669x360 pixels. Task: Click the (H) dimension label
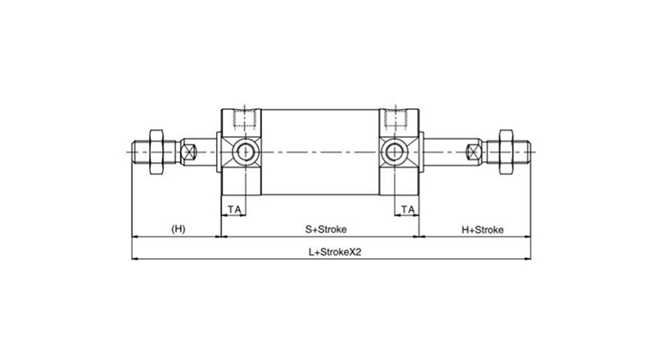pos(178,229)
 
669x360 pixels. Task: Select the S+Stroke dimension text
pos(326,229)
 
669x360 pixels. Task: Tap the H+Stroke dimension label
pos(483,230)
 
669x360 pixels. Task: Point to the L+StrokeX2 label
pos(334,252)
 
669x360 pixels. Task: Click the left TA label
pos(234,209)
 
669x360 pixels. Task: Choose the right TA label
pos(408,209)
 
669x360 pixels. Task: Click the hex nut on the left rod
pos(157,152)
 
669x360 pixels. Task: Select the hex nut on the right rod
pos(506,152)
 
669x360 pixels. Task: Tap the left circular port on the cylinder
pos(245,152)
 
